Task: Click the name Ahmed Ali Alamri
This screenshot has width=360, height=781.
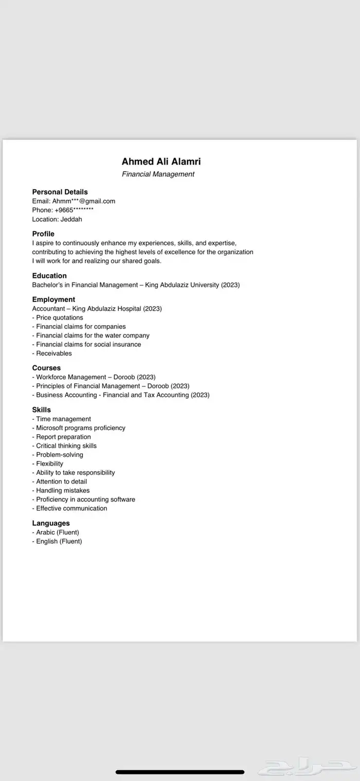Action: (x=161, y=162)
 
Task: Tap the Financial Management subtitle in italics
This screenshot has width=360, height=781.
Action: (x=158, y=174)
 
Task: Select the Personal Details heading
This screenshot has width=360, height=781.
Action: (x=60, y=192)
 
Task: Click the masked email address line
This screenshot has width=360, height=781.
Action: (x=74, y=201)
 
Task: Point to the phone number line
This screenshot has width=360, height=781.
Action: (x=63, y=210)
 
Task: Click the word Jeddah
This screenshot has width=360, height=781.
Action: (x=71, y=219)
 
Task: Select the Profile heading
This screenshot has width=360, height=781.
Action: (x=43, y=234)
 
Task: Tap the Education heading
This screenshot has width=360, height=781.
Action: (x=49, y=276)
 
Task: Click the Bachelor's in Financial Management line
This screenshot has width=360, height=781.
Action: (x=136, y=285)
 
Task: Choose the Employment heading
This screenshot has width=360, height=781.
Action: (x=53, y=299)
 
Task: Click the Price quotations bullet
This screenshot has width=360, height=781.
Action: (x=58, y=317)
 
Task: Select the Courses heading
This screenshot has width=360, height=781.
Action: (x=46, y=368)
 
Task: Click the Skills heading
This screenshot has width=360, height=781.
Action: (x=42, y=410)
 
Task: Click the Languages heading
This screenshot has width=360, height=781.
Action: (x=51, y=523)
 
